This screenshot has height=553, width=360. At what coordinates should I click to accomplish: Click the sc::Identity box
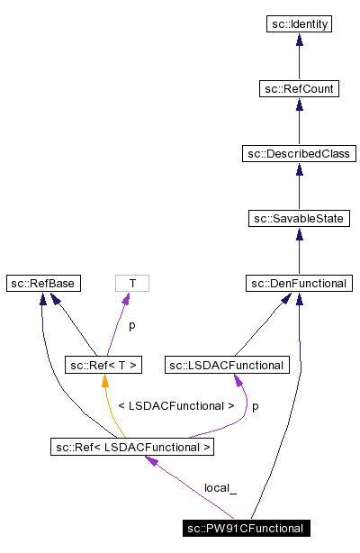click(x=299, y=24)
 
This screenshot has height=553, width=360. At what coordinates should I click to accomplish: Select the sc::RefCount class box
click(x=299, y=89)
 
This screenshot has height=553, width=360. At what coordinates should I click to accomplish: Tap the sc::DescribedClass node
click(x=299, y=154)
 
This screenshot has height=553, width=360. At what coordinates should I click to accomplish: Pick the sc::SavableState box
click(x=299, y=219)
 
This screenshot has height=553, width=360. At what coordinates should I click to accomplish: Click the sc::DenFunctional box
click(x=299, y=284)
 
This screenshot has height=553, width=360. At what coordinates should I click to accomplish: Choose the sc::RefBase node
click(x=42, y=284)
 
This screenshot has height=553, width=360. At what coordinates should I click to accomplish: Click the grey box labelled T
click(x=132, y=284)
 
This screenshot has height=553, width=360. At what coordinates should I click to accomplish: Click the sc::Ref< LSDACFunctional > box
click(x=132, y=446)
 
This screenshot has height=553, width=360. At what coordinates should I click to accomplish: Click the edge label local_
click(x=220, y=488)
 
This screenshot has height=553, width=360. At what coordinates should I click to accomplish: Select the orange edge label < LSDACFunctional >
click(x=175, y=406)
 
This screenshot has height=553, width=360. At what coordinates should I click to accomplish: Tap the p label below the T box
click(x=130, y=325)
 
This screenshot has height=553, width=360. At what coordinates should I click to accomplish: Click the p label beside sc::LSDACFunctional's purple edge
click(x=255, y=406)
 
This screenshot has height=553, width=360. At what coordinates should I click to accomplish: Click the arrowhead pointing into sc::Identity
click(x=299, y=40)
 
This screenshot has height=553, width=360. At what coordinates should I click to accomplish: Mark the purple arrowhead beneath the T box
click(x=130, y=299)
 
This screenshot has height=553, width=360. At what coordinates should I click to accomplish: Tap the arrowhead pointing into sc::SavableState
click(x=299, y=234)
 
